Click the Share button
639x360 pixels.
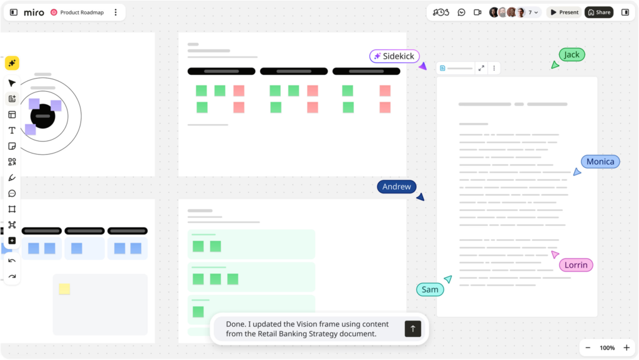click(x=599, y=12)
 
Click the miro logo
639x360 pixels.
click(x=34, y=12)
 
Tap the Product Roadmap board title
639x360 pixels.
click(x=82, y=12)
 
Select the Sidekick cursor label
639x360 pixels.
click(x=394, y=56)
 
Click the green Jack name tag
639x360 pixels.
click(x=572, y=54)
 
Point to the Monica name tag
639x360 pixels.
click(x=600, y=162)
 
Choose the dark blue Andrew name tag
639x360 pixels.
click(x=396, y=187)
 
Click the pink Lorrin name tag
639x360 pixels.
click(x=576, y=265)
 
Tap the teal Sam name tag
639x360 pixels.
click(x=430, y=289)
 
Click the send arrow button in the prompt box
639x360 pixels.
click(x=413, y=329)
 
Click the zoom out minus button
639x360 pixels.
click(x=588, y=348)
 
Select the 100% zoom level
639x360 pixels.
click(x=607, y=348)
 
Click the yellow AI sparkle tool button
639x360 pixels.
click(x=12, y=63)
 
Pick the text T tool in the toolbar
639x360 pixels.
click(x=12, y=130)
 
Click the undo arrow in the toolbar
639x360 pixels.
click(x=12, y=261)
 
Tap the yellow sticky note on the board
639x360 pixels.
click(x=64, y=289)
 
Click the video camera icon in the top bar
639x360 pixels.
click(x=477, y=12)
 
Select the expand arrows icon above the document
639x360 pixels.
click(x=481, y=69)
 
